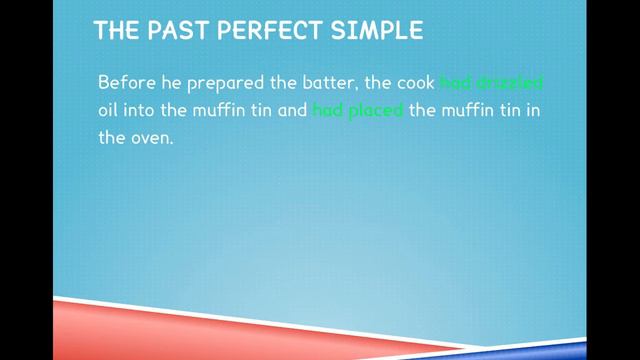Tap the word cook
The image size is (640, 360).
point(411,82)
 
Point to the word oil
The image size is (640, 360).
point(110,111)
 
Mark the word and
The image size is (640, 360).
point(291,111)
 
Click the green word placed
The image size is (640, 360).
point(377,111)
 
